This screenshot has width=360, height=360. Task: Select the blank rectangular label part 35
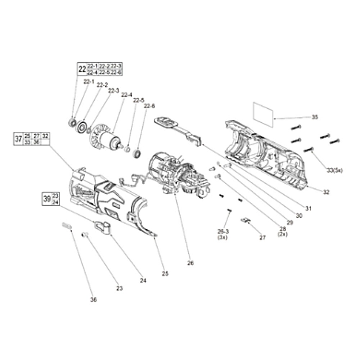pyautogui.click(x=263, y=114)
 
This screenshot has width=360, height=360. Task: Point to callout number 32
pyautogui.click(x=326, y=192)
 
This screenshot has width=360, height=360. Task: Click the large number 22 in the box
pyautogui.click(x=82, y=69)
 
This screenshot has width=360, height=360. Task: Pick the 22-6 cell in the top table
pyautogui.click(x=116, y=72)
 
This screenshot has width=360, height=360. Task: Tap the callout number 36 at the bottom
pyautogui.click(x=94, y=300)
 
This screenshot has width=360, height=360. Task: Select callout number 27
pyautogui.click(x=262, y=238)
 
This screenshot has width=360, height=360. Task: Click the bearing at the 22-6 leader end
pyautogui.click(x=137, y=154)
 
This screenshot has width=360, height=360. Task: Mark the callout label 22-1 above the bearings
pyautogui.click(x=89, y=82)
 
